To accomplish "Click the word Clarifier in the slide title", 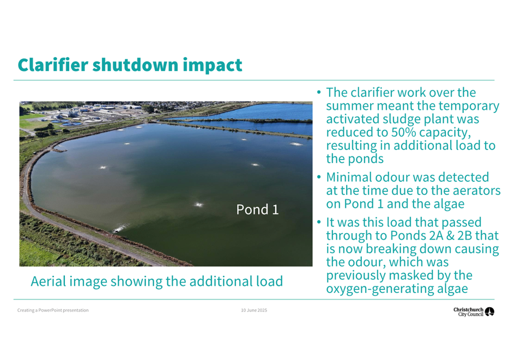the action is (53, 65).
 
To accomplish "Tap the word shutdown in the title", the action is (135, 65).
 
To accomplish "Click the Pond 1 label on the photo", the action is (257, 210).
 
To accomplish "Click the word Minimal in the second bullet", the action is (349, 178).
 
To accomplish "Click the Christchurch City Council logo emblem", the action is (489, 312).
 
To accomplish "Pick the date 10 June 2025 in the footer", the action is (254, 310).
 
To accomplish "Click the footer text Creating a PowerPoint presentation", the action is (53, 310).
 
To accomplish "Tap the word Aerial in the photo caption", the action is (48, 281).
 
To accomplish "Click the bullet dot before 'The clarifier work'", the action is (319, 93).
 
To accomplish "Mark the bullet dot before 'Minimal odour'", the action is (319, 178).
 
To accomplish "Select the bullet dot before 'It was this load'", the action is (319, 223).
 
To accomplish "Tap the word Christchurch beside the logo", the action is (469, 310).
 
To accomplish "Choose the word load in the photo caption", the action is (269, 281).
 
